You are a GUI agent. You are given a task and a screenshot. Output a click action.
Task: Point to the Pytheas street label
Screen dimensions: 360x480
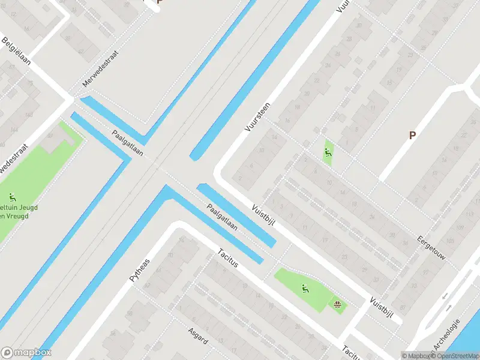click(140, 271)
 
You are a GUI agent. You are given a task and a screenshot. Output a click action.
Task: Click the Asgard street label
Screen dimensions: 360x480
click(197, 336)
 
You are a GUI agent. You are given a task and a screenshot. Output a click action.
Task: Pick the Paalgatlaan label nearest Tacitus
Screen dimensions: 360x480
click(222, 218)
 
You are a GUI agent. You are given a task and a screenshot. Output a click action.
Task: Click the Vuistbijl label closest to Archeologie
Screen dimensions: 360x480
click(385, 310)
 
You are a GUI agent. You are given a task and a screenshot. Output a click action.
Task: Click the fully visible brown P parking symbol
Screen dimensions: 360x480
click(412, 136)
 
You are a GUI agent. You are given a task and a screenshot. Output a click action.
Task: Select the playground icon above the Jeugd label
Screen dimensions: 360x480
click(12, 197)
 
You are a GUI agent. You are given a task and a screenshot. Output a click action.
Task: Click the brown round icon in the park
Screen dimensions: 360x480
click(338, 305)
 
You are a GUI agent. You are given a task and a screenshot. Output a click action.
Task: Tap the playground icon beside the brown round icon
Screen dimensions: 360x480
click(305, 289)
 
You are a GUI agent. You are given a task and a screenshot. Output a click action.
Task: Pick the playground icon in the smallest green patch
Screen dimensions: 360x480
click(328, 153)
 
